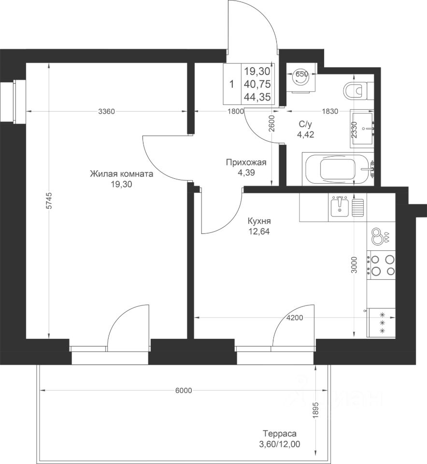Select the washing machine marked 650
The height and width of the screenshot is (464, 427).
[301, 78]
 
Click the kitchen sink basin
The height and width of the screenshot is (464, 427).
[340, 207]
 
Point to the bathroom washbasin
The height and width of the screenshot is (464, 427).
[362, 129]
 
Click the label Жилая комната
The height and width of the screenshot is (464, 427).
[122, 174]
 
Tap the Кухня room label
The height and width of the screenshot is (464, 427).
[259, 221]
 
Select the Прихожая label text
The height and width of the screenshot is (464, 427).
[246, 162]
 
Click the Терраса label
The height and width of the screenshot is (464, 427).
[280, 434]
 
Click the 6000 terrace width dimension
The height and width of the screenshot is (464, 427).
[184, 391]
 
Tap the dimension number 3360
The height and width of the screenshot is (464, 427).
[106, 112]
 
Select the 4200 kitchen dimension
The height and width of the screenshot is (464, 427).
[295, 318]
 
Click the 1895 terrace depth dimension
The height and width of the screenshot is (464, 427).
[316, 410]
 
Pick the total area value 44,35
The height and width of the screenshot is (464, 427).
[257, 97]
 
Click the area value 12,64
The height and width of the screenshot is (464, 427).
[259, 231]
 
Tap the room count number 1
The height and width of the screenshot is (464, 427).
[232, 84]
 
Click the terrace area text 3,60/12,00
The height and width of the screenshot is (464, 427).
[280, 444]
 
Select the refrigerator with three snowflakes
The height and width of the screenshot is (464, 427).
[381, 322]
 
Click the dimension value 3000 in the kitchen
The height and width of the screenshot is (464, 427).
[355, 265]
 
